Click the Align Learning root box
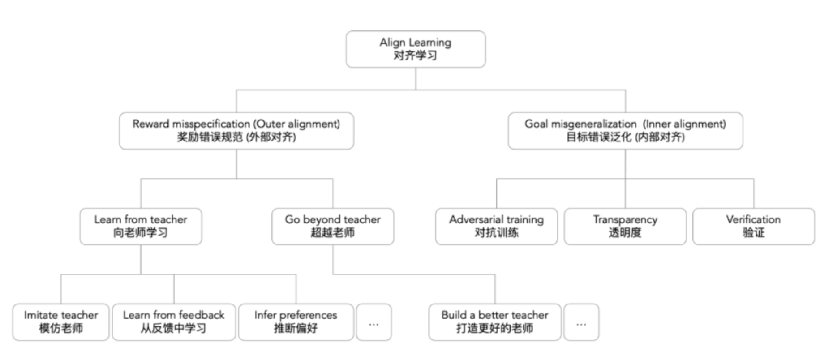pos(415,49)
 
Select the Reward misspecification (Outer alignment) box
pos(236,131)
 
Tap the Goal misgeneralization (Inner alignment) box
pos(625,131)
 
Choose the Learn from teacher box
pos(141,226)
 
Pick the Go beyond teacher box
pos(332,226)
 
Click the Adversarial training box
pos(496,226)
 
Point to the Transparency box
pos(625,226)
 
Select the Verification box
pos(753,226)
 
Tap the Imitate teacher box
pos(60,322)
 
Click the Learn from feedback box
pos(173,322)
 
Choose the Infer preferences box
pos(296,322)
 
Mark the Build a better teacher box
pos(494,322)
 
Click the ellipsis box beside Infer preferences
pos(374,322)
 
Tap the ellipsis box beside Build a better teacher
pos(581,322)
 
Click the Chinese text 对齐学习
pos(415,56)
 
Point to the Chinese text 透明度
pos(625,233)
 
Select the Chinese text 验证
pos(753,233)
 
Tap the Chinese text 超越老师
pos(332,233)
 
